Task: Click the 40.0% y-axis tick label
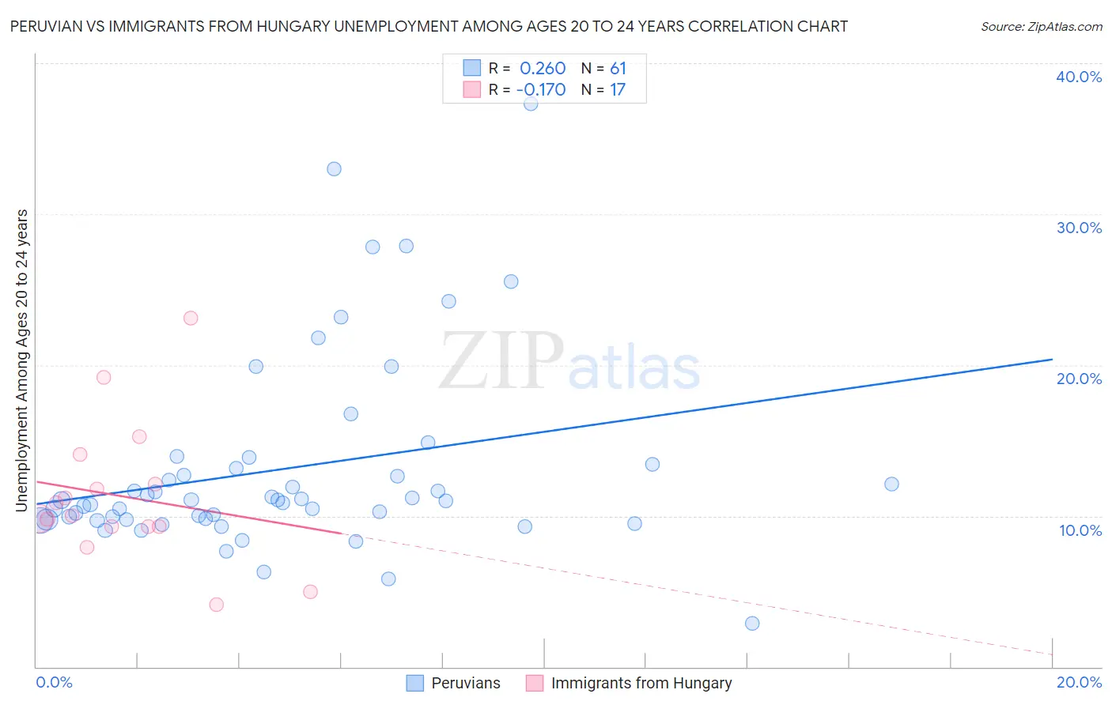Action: pyautogui.click(x=1079, y=77)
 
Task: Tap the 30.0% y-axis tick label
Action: pyautogui.click(x=1079, y=228)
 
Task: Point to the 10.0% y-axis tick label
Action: pyautogui.click(x=1080, y=530)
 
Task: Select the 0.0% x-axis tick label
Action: pyautogui.click(x=54, y=682)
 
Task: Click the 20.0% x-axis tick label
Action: pyautogui.click(x=1079, y=682)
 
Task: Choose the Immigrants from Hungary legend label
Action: pyautogui.click(x=641, y=683)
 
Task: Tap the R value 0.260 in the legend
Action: pyautogui.click(x=543, y=69)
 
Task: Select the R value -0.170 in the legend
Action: pyautogui.click(x=541, y=89)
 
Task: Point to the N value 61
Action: pyautogui.click(x=618, y=69)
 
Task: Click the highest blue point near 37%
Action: pyautogui.click(x=531, y=104)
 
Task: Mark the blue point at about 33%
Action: pyautogui.click(x=334, y=169)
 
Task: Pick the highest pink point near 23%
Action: pyautogui.click(x=191, y=319)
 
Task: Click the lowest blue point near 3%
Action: pyautogui.click(x=752, y=624)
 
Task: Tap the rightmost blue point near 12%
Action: pyautogui.click(x=891, y=484)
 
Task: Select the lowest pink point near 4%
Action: pyautogui.click(x=217, y=605)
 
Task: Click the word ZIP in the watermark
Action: pyautogui.click(x=501, y=361)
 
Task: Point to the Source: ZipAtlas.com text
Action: pyautogui.click(x=1041, y=27)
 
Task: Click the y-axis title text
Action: pyautogui.click(x=22, y=360)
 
